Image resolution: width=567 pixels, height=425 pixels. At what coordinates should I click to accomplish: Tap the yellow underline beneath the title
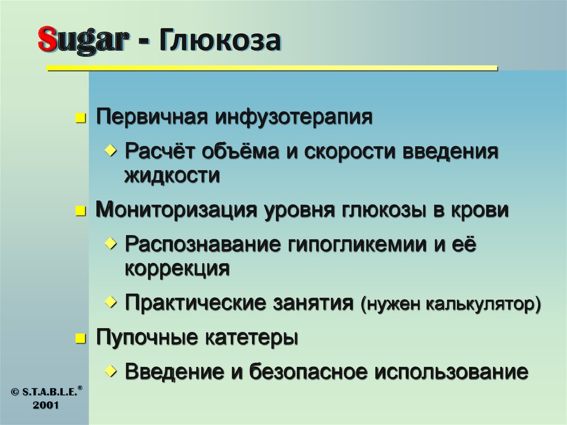click(x=271, y=69)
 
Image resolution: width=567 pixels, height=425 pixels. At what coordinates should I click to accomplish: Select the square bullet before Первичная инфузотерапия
click(x=81, y=119)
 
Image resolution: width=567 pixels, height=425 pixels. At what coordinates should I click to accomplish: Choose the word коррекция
click(x=177, y=269)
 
